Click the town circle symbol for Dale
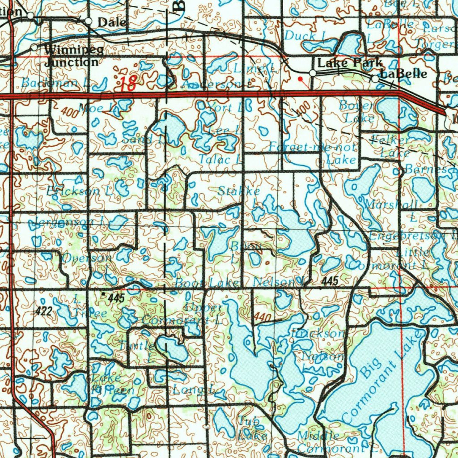(89, 21)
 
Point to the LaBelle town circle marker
(375, 79)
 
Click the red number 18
(127, 84)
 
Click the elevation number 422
(44, 311)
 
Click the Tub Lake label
(253, 427)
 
